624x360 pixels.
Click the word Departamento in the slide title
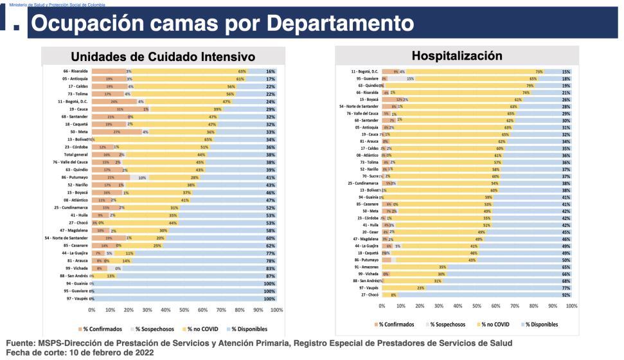pos(340,24)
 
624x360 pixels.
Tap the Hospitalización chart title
pos(457,56)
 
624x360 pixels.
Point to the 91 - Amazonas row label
pos(367,266)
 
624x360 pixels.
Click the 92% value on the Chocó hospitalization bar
pos(566,294)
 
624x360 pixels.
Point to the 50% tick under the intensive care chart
pos(184,309)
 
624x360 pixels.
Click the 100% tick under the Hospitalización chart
pos(571,306)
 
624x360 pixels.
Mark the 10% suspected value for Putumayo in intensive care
pos(142,177)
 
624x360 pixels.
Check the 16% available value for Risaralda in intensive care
pos(271,71)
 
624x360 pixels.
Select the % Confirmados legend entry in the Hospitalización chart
pos(393,325)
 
